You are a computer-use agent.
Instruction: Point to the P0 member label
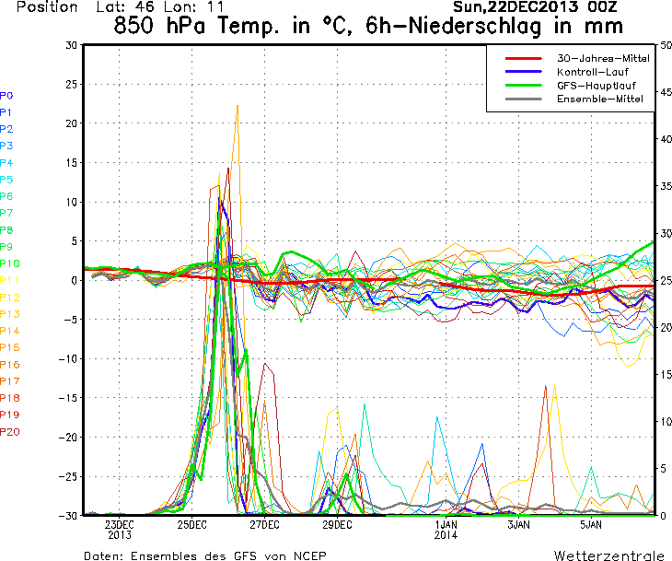click(x=6, y=95)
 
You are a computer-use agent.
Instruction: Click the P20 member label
click(x=9, y=432)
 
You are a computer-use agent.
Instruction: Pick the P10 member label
click(x=9, y=263)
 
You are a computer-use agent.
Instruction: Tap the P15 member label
click(x=9, y=347)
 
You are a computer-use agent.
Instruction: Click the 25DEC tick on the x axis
click(x=191, y=525)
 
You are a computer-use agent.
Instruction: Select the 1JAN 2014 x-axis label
click(x=446, y=529)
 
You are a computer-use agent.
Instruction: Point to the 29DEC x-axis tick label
click(x=337, y=525)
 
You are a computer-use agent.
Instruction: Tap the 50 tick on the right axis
click(x=666, y=45)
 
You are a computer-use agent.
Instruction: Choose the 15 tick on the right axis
click(x=666, y=374)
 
